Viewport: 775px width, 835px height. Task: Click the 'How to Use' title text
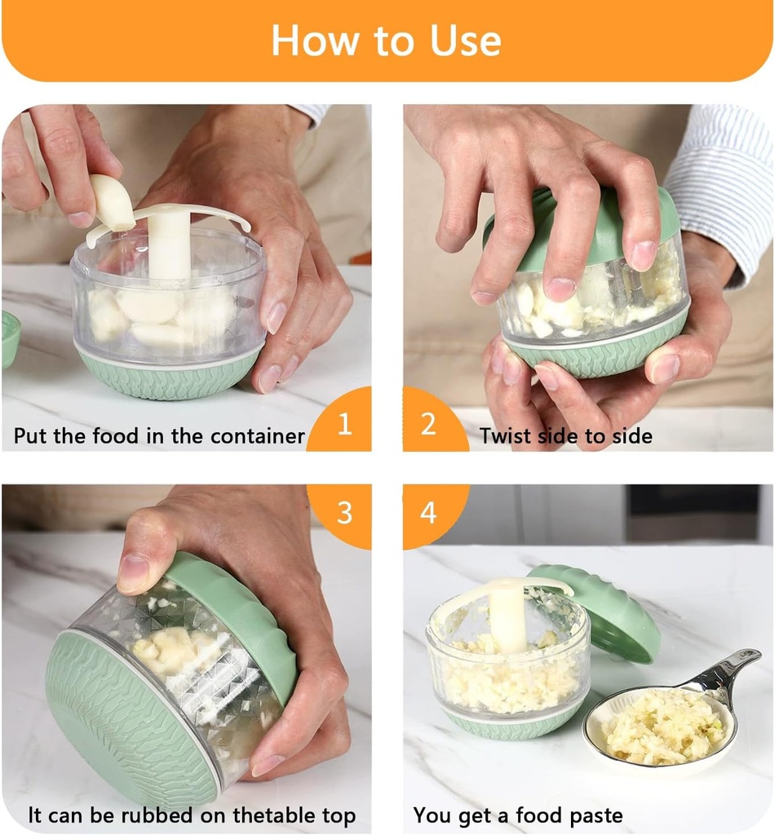coord(386,40)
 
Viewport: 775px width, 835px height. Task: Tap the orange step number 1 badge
coord(344,424)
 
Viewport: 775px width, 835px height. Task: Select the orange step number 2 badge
coord(429,424)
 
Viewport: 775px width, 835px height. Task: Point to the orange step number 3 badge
coord(344,512)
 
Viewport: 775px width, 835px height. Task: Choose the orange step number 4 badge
coord(429,512)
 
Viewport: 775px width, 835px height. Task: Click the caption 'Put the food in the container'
coord(159,435)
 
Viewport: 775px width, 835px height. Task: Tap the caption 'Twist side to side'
coord(565,435)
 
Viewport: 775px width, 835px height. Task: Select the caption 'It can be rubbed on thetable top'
coord(192,815)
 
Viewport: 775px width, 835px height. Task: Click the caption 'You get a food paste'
coord(517,815)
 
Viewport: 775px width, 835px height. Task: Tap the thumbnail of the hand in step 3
coord(133,573)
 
